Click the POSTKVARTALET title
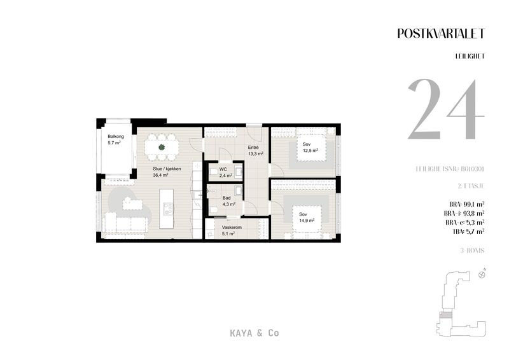point(441,34)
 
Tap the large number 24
point(446,109)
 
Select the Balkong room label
point(116,137)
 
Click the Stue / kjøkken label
point(167,169)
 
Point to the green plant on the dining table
point(162,148)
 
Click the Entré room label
point(253,148)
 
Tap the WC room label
point(223,169)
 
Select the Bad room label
point(227,198)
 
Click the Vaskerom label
point(232,228)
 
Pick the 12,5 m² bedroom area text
point(310,150)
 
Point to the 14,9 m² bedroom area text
point(307,221)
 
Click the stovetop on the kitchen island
point(168,209)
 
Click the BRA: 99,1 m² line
point(467,205)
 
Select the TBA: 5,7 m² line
point(468,232)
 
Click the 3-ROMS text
point(472,251)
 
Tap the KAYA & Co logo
point(254,333)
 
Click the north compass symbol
point(482,275)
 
